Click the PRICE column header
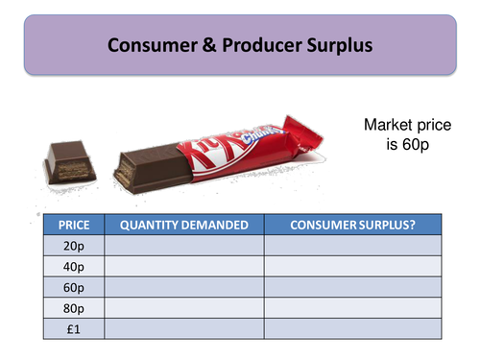(74, 225)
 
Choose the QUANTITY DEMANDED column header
(184, 225)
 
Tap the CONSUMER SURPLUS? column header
(350, 225)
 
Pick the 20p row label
(74, 247)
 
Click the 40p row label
(74, 268)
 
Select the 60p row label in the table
(74, 288)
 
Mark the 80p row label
(74, 308)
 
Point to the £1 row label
(74, 328)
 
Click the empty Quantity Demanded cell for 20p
(184, 247)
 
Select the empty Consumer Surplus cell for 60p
(350, 288)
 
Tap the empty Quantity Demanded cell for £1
(184, 328)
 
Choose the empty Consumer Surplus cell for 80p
(350, 308)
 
